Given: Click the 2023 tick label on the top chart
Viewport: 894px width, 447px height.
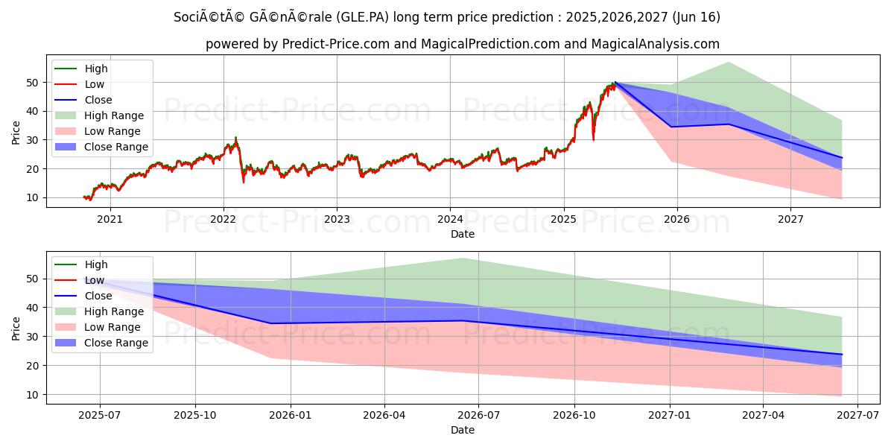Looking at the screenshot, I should pos(337,219).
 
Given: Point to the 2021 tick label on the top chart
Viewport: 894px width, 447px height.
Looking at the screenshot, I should pos(110,219).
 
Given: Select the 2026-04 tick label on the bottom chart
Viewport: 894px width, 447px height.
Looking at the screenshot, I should pos(384,415).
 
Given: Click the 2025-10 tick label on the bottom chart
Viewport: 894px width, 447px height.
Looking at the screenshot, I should pos(194,415).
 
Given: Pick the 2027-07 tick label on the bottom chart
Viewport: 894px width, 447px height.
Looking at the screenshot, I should pos(858,415).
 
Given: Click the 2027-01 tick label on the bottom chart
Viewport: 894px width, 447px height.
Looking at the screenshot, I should pos(670,415).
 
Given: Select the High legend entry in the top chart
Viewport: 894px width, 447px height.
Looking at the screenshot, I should pos(96,69).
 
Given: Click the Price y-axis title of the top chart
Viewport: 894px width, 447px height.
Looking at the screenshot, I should pos(16,132).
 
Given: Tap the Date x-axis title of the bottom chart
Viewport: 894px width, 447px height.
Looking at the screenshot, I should pos(463,430).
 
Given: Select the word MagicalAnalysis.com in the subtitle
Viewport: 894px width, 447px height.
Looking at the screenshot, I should pos(656,44).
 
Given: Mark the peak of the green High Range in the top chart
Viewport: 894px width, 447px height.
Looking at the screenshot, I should pos(728,62).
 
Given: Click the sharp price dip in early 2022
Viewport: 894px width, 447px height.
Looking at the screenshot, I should pos(243,181).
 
